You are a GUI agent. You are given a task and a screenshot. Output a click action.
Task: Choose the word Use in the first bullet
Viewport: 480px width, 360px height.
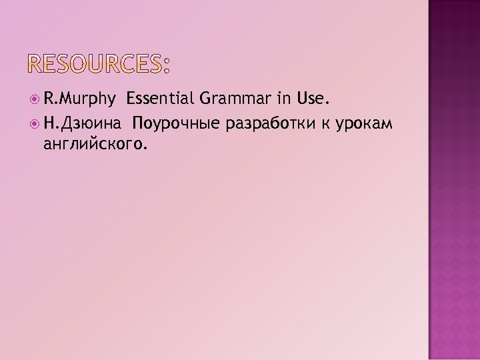tap(312, 101)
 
